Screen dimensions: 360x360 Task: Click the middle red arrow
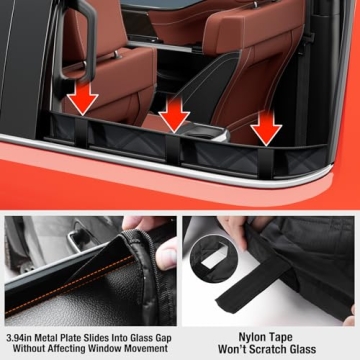pos(175,112)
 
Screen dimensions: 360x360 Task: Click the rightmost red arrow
pos(264,124)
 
